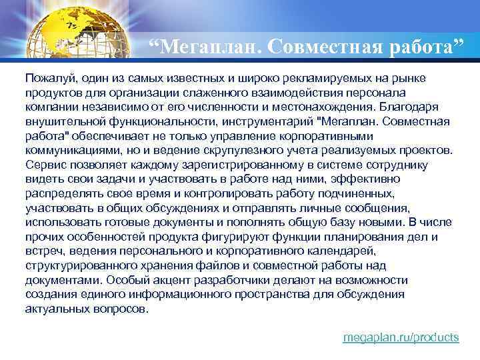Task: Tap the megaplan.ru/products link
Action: (x=401, y=337)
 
